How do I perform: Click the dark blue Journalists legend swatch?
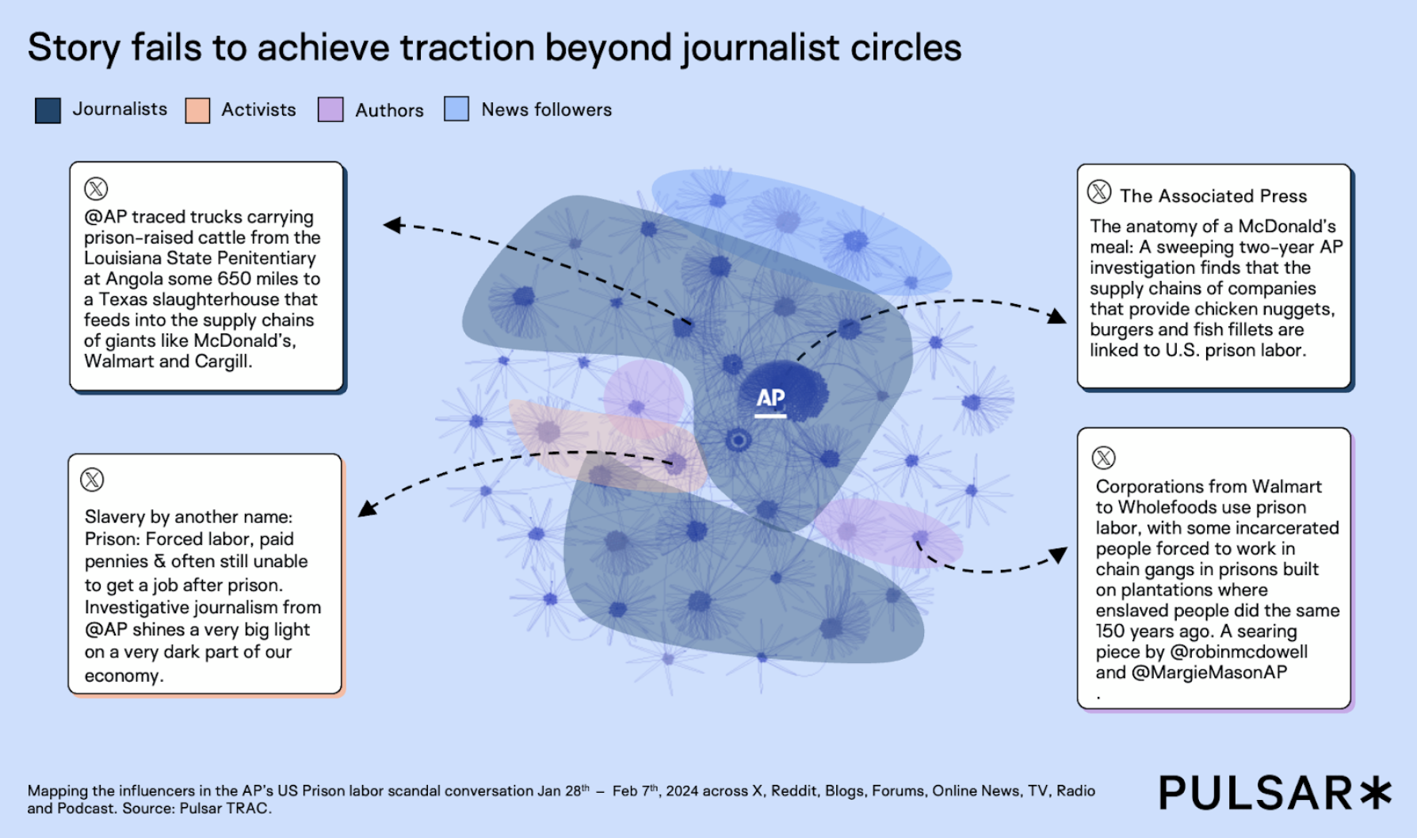tap(48, 110)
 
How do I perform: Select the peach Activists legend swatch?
tap(197, 110)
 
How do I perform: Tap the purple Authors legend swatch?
tap(330, 109)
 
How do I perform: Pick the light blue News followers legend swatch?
tap(456, 109)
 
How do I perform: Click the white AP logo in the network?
tap(770, 400)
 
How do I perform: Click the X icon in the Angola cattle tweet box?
tap(96, 189)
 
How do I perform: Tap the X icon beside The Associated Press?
tap(1099, 192)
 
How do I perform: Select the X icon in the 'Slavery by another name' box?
tap(93, 479)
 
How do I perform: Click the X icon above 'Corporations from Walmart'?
tap(1104, 457)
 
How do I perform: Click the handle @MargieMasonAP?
tap(1209, 672)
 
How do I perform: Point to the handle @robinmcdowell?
tap(1239, 652)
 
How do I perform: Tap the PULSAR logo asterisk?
tap(1376, 793)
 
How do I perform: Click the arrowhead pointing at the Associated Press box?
tap(1057, 317)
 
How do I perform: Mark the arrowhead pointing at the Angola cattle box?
tap(393, 225)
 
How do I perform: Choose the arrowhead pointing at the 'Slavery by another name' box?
tap(366, 508)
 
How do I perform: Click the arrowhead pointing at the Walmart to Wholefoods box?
tap(1058, 554)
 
